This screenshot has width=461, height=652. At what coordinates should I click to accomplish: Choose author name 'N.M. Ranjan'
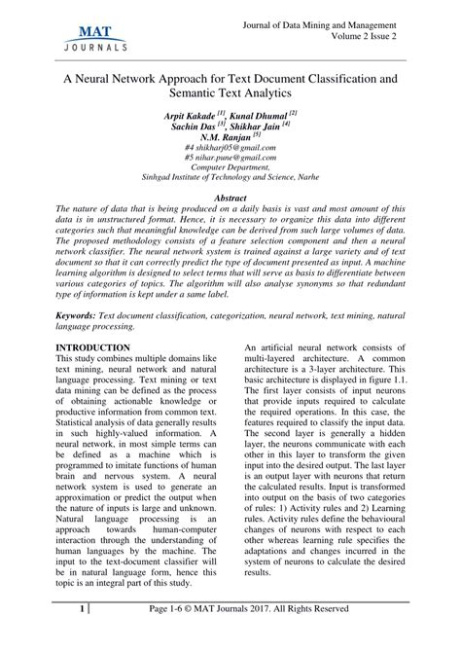click(223, 138)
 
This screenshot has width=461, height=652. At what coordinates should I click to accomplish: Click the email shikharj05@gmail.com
click(233, 150)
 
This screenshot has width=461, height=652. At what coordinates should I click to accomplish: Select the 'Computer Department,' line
click(230, 171)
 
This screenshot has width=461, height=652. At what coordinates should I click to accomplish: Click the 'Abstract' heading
click(230, 198)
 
